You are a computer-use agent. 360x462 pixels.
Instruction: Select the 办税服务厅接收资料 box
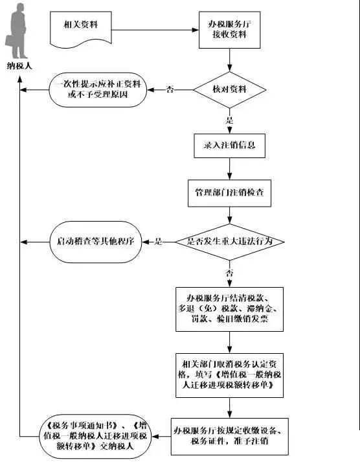tap(230, 30)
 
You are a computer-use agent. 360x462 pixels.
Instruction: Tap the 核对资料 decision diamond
tap(230, 90)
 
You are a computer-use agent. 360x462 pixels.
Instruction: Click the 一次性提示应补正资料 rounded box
tap(98, 89)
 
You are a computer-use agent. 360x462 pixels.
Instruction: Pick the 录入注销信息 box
tap(230, 146)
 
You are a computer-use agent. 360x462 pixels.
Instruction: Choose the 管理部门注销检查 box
tap(230, 193)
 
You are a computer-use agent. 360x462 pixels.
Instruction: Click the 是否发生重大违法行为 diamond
tap(230, 242)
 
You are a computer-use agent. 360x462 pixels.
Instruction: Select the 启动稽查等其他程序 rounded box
tap(96, 242)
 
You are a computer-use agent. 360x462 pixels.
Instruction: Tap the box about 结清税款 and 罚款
tap(230, 309)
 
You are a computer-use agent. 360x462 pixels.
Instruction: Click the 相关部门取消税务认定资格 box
tap(230, 375)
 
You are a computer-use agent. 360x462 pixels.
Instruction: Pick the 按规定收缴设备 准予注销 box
tap(230, 436)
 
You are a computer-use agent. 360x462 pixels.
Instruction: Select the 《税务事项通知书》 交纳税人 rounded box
tap(95, 436)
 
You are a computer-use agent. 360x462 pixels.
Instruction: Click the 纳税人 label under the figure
tap(19, 66)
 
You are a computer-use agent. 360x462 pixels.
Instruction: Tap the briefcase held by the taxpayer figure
tap(10, 41)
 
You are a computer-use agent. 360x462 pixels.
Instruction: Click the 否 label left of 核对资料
tap(170, 89)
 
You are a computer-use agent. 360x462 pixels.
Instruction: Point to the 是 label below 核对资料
tap(230, 121)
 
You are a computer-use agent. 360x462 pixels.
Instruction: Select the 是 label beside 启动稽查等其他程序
tap(159, 242)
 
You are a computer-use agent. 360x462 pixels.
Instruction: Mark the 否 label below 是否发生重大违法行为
tap(230, 273)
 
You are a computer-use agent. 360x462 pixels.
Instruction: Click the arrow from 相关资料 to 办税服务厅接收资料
tap(155, 30)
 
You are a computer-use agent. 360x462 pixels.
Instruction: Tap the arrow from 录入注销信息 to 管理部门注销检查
tap(230, 169)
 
